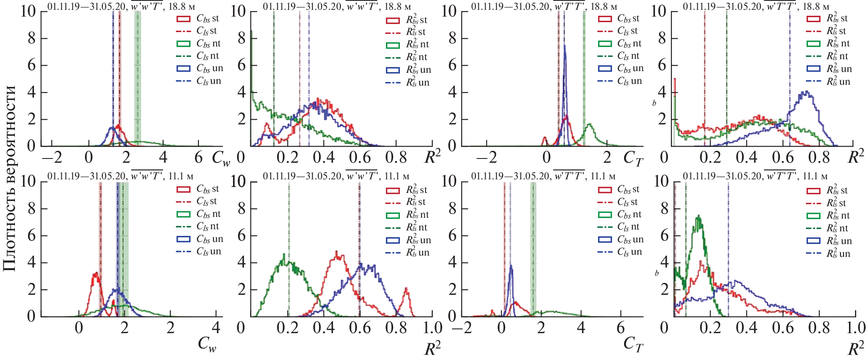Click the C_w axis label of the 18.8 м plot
click(221, 158)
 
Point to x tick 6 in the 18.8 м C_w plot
click(199, 158)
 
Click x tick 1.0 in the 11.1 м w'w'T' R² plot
click(433, 328)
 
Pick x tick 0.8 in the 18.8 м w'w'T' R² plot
click(396, 158)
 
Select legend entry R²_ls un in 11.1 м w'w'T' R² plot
click(409, 253)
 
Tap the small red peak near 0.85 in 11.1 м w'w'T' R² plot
click(406, 290)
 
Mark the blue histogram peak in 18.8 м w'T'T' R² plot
click(806, 92)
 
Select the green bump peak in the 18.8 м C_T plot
click(590, 125)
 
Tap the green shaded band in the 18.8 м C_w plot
click(138, 77)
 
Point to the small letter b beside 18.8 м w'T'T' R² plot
click(654, 103)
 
